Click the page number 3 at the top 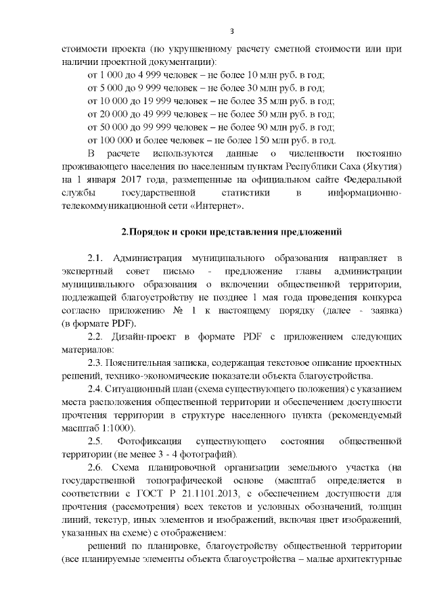coord(232,31)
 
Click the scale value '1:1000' coord(118,427)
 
